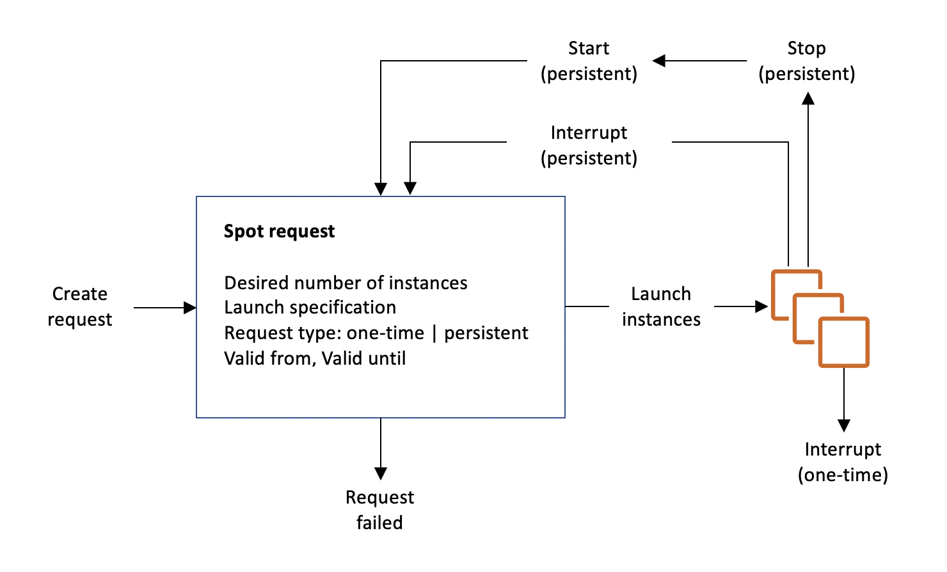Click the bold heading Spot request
coord(279,232)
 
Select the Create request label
coord(80,306)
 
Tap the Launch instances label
coord(661,306)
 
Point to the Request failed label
coord(379,510)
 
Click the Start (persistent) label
coord(589,61)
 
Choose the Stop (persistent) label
coord(806,61)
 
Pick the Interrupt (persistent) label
coord(589,145)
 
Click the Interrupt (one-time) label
coord(843,462)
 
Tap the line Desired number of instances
coord(346,283)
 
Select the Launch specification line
coord(310,308)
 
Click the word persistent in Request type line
coord(486,333)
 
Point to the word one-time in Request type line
coord(385,333)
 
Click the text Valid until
coord(363,358)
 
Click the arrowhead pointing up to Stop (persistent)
coord(808,99)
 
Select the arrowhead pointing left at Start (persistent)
coord(659,61)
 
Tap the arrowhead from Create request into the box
coord(189,308)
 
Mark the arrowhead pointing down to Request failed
coord(381,473)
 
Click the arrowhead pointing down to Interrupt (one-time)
coord(844,425)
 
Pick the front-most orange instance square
coord(844,342)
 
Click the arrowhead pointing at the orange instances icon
coord(761,306)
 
